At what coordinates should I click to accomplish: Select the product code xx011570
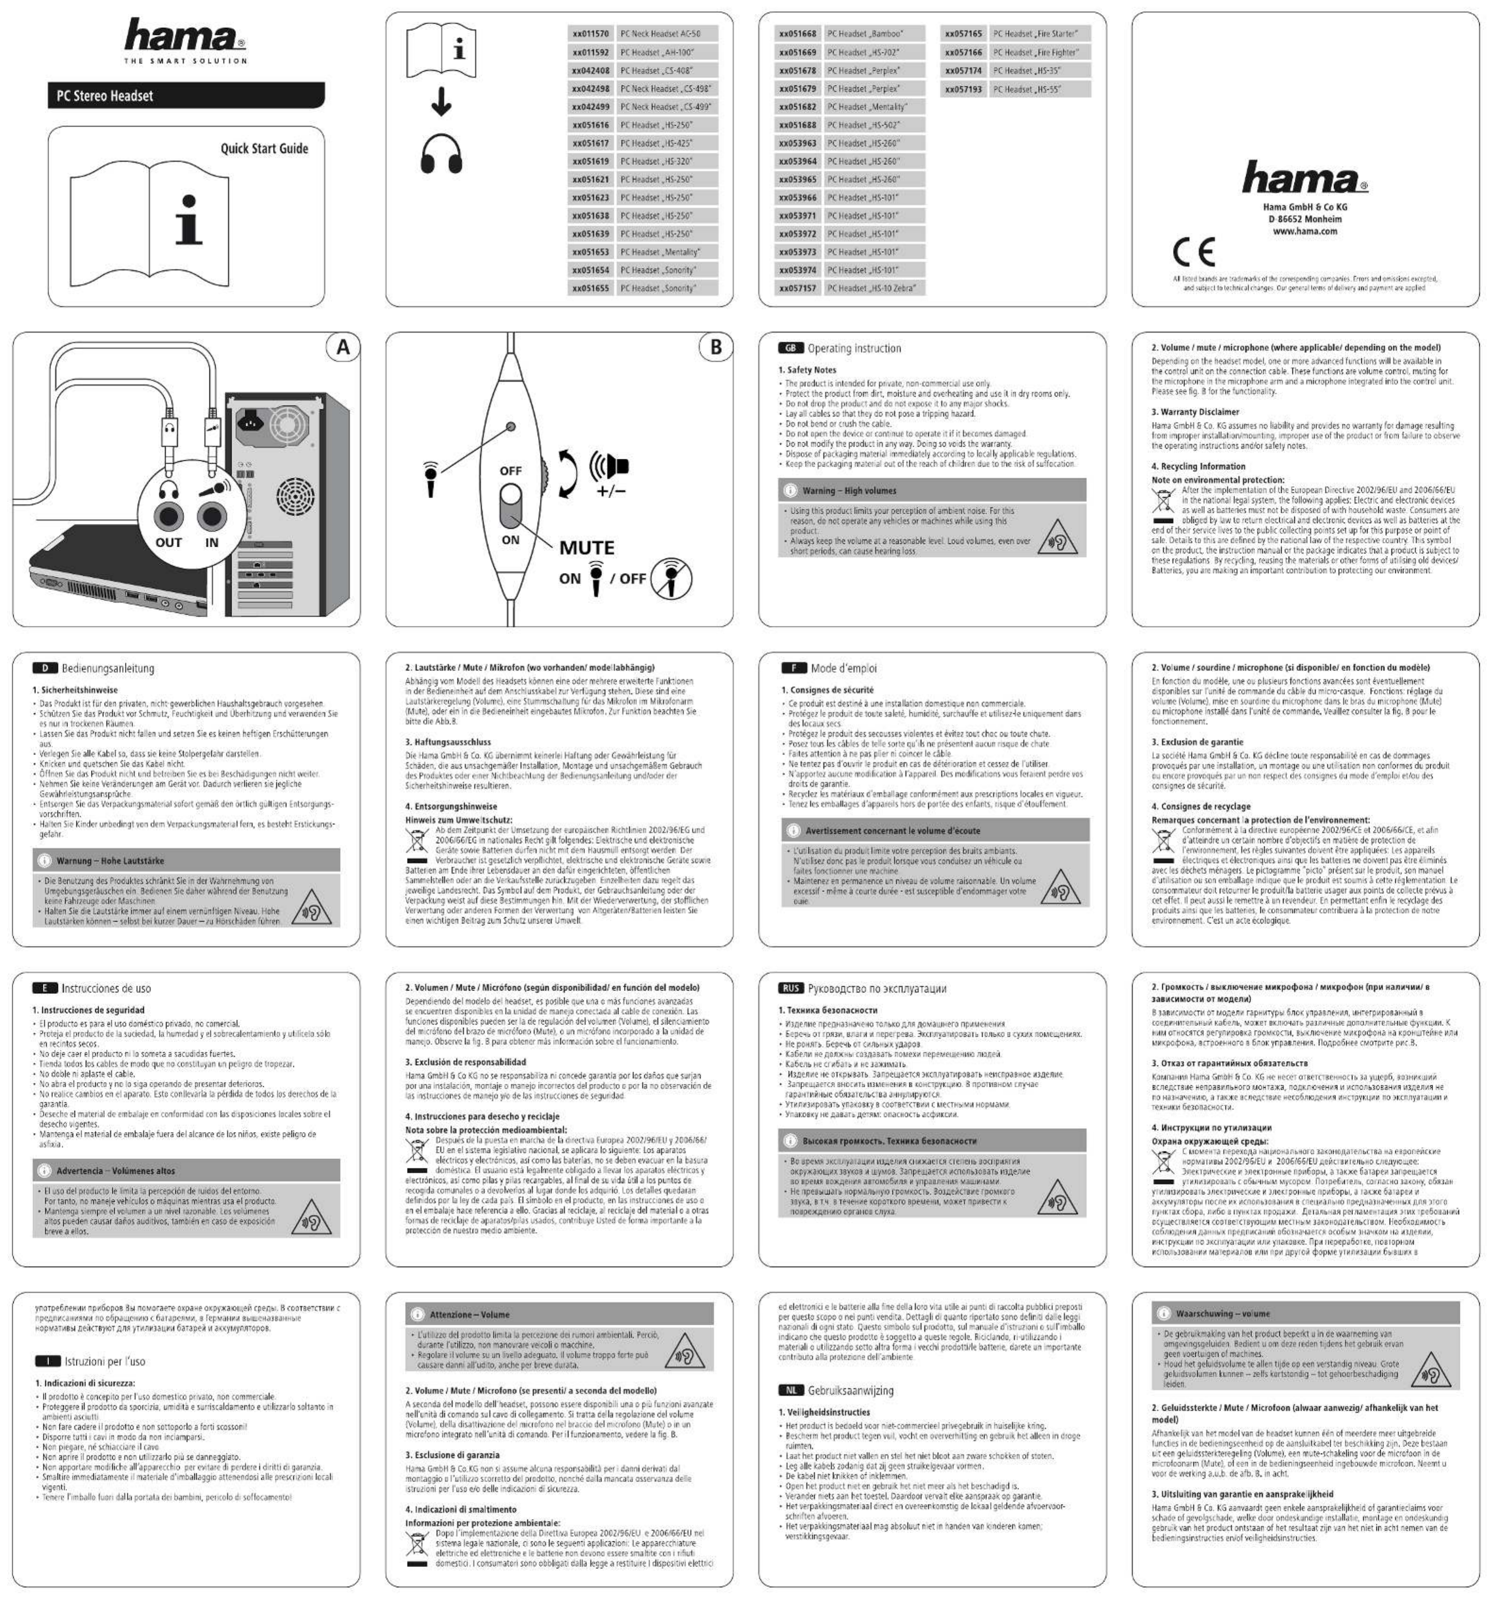[x=590, y=34]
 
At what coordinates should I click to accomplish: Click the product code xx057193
[x=963, y=89]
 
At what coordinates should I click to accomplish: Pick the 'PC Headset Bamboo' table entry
[x=873, y=34]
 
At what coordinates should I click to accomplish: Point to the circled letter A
[x=343, y=348]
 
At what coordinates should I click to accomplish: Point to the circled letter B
[x=715, y=348]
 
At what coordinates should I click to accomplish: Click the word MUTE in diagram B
[x=586, y=548]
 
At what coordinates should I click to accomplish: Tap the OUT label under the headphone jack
[x=169, y=543]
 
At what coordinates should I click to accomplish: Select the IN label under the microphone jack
[x=212, y=543]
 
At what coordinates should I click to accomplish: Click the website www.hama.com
[x=1305, y=232]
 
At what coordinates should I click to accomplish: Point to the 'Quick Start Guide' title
[x=264, y=149]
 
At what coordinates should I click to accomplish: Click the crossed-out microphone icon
[x=671, y=578]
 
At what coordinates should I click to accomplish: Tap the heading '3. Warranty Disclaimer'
[x=1194, y=412]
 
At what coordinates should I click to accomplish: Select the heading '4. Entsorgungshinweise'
[x=450, y=806]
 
